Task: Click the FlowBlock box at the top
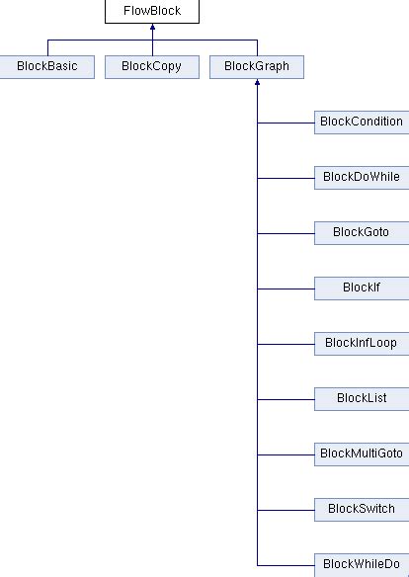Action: pos(152,12)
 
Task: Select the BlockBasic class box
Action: pos(46,67)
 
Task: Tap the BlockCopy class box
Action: pos(151,67)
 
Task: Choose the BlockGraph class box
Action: pos(257,67)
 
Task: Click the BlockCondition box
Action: pos(361,123)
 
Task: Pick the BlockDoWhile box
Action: pos(361,178)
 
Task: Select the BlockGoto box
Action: pos(361,233)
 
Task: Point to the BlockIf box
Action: pos(361,288)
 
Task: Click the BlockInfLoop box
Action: pos(361,344)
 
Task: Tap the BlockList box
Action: pos(361,399)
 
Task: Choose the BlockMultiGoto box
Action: pos(361,454)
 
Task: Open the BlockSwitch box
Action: pos(361,510)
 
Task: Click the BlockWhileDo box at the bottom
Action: pos(361,565)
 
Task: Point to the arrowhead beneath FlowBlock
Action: pos(152,29)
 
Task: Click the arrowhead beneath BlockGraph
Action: pos(257,84)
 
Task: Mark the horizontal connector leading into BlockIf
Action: pos(285,288)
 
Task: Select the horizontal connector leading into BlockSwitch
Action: pos(285,510)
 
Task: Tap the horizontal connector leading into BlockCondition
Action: pos(285,123)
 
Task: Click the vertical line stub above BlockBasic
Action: pos(46,47)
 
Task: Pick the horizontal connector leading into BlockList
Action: pos(285,399)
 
